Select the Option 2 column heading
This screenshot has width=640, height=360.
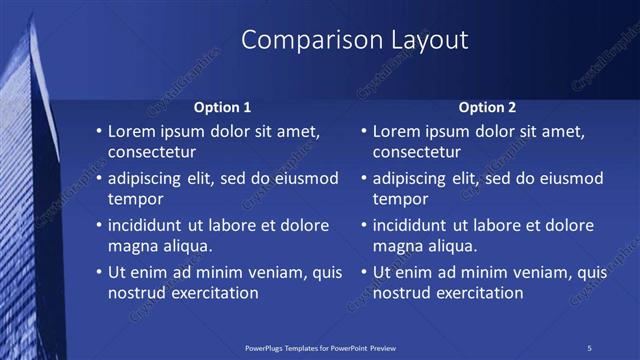486,107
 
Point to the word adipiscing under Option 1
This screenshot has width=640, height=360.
150,178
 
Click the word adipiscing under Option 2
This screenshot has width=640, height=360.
416,178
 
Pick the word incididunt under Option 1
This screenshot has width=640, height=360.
151,225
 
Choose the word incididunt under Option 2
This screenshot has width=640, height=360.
417,225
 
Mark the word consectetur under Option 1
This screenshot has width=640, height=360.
152,152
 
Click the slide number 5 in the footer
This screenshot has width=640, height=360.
590,347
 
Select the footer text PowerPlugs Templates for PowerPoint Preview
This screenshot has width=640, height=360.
320,347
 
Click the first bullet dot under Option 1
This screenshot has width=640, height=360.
98,132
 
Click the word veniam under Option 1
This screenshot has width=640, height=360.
268,272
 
